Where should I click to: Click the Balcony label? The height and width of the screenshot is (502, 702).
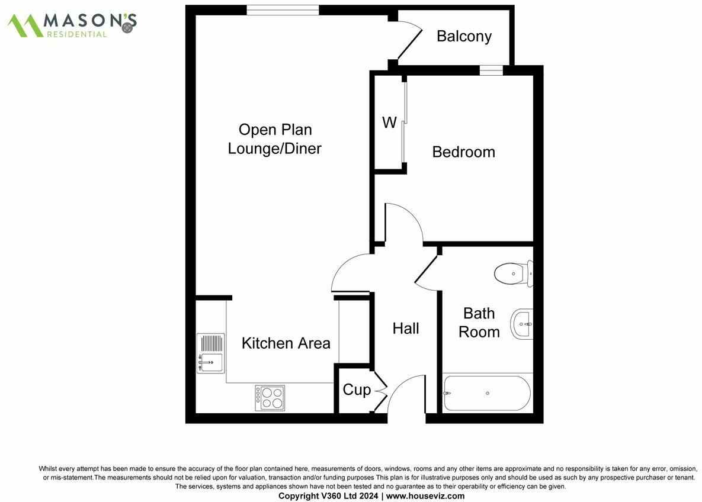[x=464, y=37]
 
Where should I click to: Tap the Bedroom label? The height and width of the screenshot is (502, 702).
[x=463, y=152]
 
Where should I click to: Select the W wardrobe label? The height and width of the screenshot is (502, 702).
[x=389, y=123]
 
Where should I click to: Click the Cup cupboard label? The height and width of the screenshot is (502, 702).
[x=357, y=390]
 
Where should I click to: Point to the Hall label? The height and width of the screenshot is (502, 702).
[x=406, y=329]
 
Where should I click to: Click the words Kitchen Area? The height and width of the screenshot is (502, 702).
[x=286, y=343]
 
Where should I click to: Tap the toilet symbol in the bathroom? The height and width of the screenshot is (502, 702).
[x=512, y=273]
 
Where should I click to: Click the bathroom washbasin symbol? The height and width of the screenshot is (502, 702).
[x=522, y=324]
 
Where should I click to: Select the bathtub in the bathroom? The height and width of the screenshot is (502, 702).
[x=487, y=393]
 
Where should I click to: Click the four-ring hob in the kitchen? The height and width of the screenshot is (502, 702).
[x=270, y=398]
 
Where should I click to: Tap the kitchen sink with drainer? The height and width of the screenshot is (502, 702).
[x=210, y=353]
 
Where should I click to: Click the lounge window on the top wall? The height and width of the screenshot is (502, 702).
[x=283, y=9]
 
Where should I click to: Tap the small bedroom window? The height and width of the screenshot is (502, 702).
[x=491, y=70]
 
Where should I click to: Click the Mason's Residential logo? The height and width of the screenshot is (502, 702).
[x=72, y=24]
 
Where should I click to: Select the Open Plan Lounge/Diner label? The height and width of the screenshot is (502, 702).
[x=275, y=139]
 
